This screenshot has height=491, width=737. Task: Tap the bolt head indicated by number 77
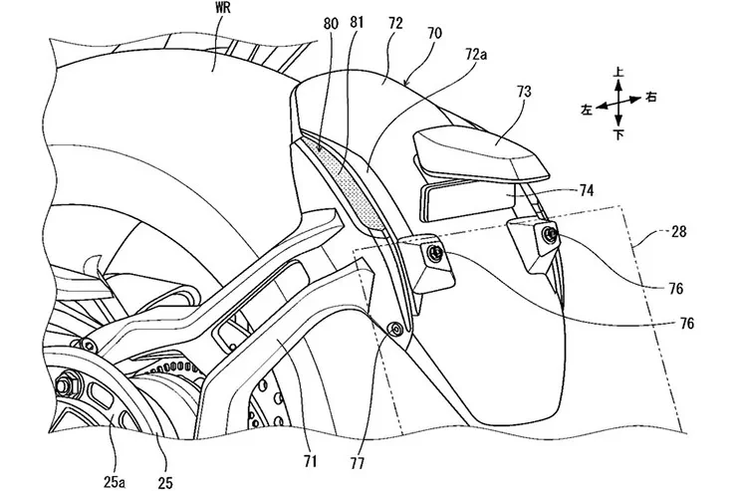click(x=397, y=329)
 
